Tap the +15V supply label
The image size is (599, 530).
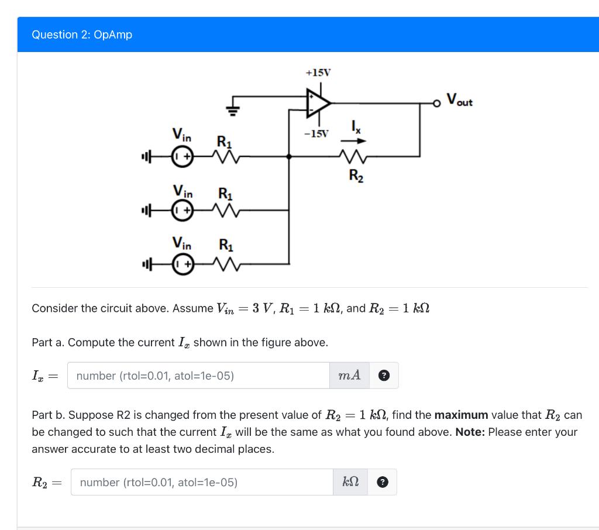click(x=318, y=73)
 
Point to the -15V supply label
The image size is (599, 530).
click(x=316, y=134)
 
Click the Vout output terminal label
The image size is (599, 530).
click(x=460, y=100)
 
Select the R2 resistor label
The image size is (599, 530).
click(x=356, y=175)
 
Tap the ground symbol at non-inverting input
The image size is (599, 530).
click(x=232, y=109)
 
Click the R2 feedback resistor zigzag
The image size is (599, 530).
click(x=353, y=156)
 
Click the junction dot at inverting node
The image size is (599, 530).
click(x=288, y=156)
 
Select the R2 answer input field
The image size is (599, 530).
click(x=202, y=482)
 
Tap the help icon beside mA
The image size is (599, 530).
click(x=384, y=376)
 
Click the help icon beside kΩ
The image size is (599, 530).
click(x=382, y=483)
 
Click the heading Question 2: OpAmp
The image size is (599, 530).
click(x=82, y=35)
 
